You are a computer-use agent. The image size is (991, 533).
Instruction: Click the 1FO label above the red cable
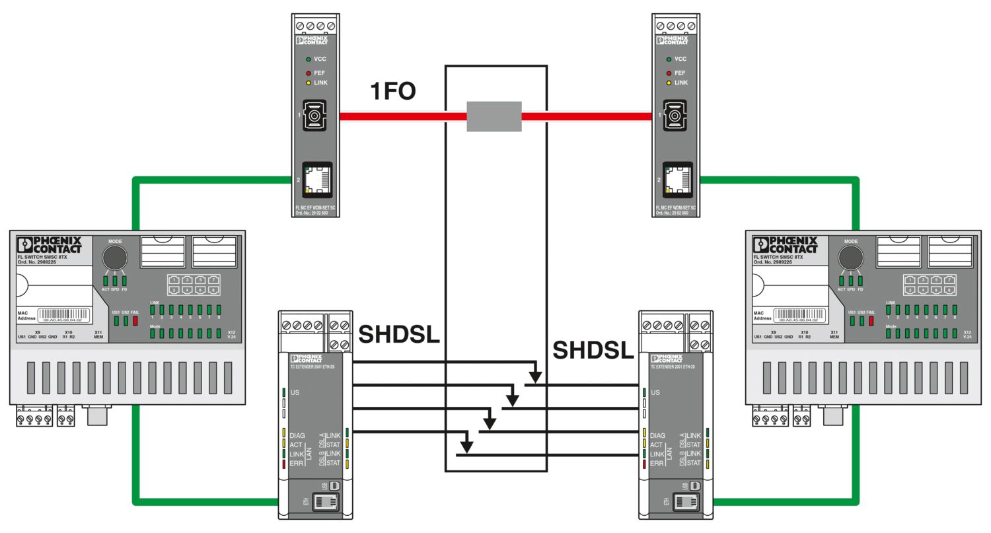click(x=393, y=91)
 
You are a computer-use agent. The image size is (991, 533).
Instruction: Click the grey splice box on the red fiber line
click(x=494, y=116)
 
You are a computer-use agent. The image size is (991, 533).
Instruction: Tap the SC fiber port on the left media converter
click(x=315, y=117)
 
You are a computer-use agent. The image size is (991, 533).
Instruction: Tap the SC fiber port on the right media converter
click(x=675, y=117)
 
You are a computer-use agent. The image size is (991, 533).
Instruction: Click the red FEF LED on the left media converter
click(x=308, y=73)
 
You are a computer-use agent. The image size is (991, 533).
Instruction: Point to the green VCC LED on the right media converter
click(x=669, y=59)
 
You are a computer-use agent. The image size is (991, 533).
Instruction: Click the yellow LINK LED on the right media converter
click(x=669, y=83)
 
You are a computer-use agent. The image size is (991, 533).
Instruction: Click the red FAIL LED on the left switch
click(x=135, y=321)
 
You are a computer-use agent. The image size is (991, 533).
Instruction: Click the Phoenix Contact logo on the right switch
click(x=786, y=245)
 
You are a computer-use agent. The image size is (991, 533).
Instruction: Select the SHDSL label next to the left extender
click(x=398, y=336)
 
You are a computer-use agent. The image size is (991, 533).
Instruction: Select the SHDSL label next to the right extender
click(x=593, y=351)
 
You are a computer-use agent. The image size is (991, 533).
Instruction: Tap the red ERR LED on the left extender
click(x=284, y=464)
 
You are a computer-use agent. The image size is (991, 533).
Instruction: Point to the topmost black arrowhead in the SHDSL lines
click(x=535, y=377)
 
